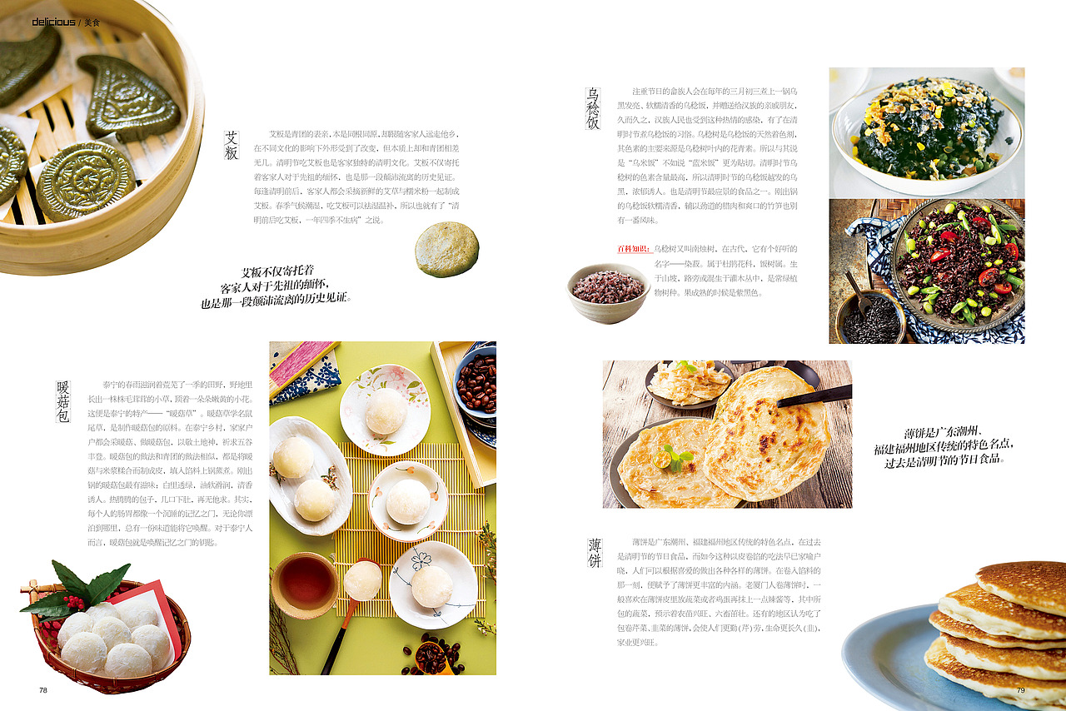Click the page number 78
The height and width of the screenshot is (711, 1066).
pyautogui.click(x=43, y=690)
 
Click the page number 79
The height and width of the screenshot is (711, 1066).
pyautogui.click(x=1020, y=690)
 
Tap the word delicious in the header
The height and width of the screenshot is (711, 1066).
pyautogui.click(x=53, y=22)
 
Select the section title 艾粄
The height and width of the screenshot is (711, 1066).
pyautogui.click(x=232, y=146)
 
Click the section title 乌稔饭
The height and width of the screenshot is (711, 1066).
pyautogui.click(x=593, y=108)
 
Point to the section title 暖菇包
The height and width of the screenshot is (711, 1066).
pyautogui.click(x=63, y=402)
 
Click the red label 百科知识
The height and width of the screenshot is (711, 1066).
pyautogui.click(x=634, y=249)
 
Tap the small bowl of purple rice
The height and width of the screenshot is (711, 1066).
pyautogui.click(x=608, y=291)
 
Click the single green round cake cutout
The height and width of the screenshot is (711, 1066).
pyautogui.click(x=447, y=249)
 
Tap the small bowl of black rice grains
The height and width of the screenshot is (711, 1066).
pyautogui.click(x=871, y=320)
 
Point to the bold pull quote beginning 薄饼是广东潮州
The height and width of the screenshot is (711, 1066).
pyautogui.click(x=944, y=446)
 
